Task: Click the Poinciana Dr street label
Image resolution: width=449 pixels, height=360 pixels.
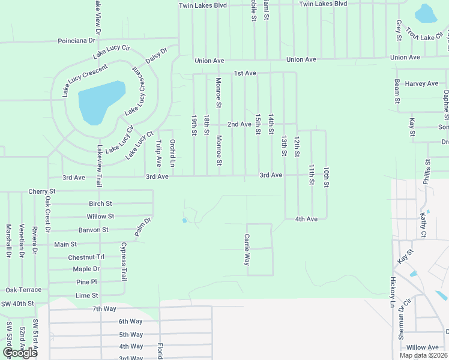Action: point(76,41)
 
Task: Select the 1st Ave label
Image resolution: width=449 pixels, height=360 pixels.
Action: point(245,73)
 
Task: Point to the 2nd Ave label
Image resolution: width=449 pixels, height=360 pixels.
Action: point(239,124)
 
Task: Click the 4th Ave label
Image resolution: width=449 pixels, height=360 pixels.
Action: point(306,219)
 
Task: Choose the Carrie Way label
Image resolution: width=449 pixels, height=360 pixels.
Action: point(247,250)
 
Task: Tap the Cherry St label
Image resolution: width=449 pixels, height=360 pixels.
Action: point(42,191)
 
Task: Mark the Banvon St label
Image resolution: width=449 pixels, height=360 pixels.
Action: point(93,230)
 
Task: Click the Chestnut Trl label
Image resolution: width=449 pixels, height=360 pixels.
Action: point(86,257)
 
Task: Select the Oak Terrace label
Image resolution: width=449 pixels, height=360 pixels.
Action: point(23,290)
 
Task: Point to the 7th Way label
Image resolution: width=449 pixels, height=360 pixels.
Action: point(104,308)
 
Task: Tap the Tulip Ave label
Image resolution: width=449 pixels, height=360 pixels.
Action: point(159,153)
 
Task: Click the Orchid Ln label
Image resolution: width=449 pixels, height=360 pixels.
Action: point(172,153)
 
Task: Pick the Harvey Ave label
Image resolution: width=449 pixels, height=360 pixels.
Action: point(421,83)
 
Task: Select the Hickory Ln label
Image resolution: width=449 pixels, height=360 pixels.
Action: point(393,292)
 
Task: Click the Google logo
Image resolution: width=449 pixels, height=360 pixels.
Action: point(20,353)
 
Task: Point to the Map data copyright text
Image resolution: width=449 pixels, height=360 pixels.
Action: point(423,355)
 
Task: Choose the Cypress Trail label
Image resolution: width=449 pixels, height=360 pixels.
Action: point(124,262)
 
